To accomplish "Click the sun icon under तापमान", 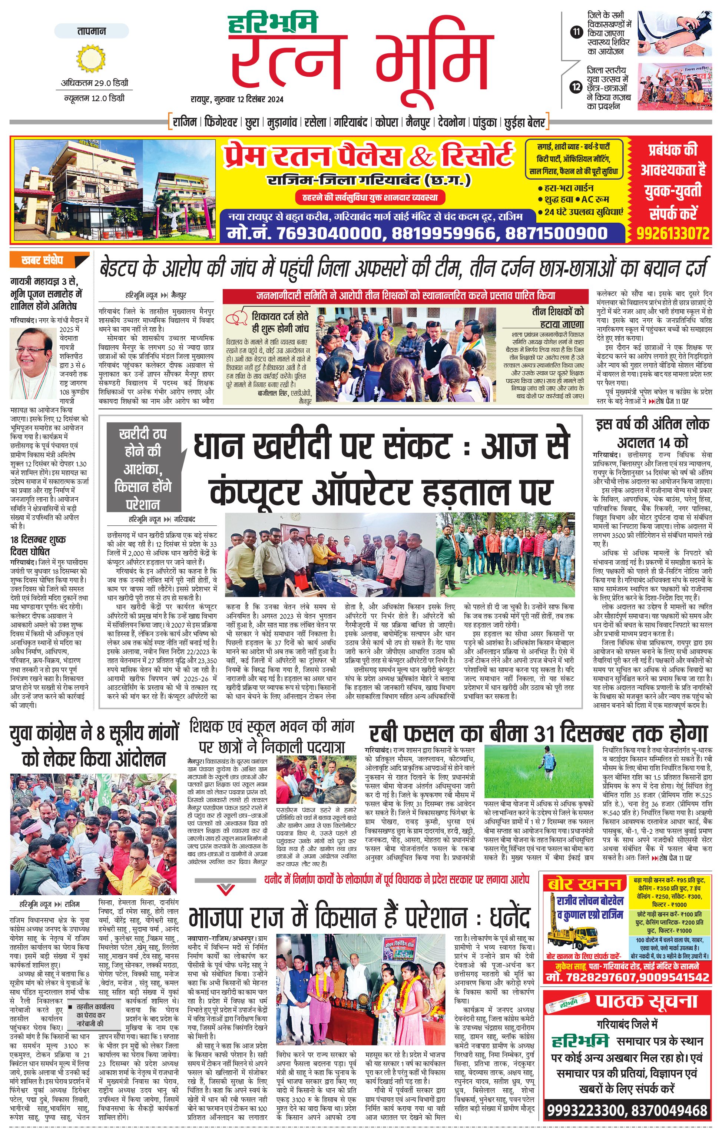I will click(x=90, y=59).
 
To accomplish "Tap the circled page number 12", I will click(x=576, y=87).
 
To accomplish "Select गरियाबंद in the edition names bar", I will click(x=350, y=122).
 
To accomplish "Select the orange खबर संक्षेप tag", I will click(x=49, y=260).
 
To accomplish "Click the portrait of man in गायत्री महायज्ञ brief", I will click(x=33, y=353).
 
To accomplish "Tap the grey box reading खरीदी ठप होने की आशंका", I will click(x=143, y=468).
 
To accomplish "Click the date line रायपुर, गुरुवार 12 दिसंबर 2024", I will click(x=236, y=99).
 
